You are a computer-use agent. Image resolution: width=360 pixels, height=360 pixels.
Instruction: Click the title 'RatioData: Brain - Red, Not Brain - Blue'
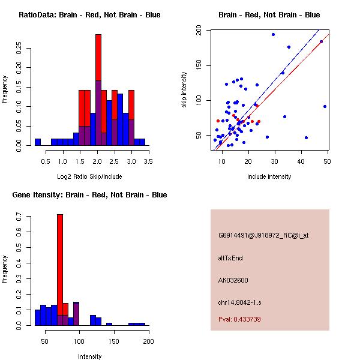click(89, 15)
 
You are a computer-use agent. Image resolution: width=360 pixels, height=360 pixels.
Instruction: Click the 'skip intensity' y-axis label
click(185, 90)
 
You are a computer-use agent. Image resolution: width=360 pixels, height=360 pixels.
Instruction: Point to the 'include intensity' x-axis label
click(269, 176)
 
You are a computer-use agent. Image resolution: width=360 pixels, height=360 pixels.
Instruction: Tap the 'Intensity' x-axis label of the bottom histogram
click(89, 356)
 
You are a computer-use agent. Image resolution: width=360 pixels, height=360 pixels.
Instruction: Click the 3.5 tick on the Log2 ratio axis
click(148, 161)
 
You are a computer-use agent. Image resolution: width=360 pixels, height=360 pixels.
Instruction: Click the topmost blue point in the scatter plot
click(273, 34)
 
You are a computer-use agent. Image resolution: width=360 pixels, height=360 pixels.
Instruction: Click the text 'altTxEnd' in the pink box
click(230, 258)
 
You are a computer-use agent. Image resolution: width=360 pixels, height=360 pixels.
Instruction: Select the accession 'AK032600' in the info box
click(233, 280)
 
